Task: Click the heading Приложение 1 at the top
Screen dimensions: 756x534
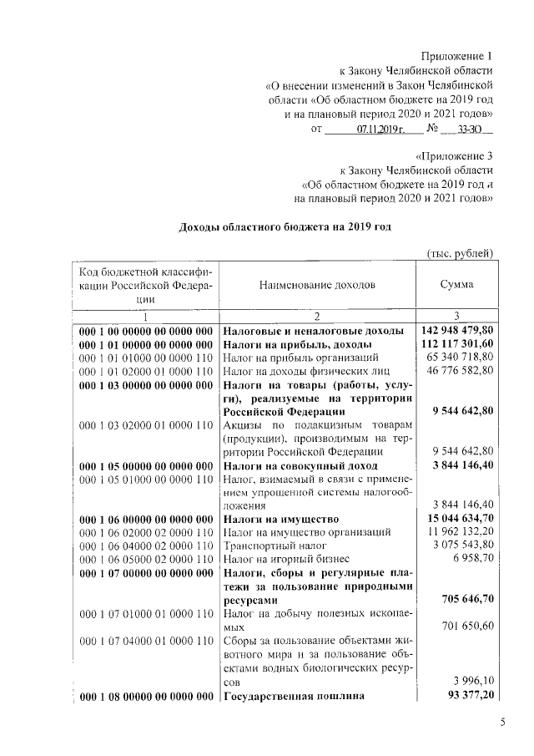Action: tap(457, 54)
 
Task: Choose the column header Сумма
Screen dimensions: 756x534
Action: tap(456, 284)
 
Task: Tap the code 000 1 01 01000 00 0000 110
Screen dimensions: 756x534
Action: tap(146, 358)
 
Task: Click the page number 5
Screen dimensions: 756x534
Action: tap(503, 723)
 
